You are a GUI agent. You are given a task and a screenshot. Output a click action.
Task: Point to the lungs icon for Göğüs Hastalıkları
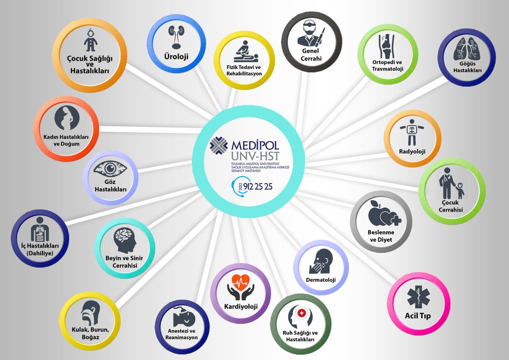click(x=466, y=49)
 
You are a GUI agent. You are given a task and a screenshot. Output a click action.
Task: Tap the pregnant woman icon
click(x=66, y=118)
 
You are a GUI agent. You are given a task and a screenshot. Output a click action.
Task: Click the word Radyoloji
click(x=412, y=151)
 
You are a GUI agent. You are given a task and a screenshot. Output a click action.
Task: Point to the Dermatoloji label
click(x=321, y=280)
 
